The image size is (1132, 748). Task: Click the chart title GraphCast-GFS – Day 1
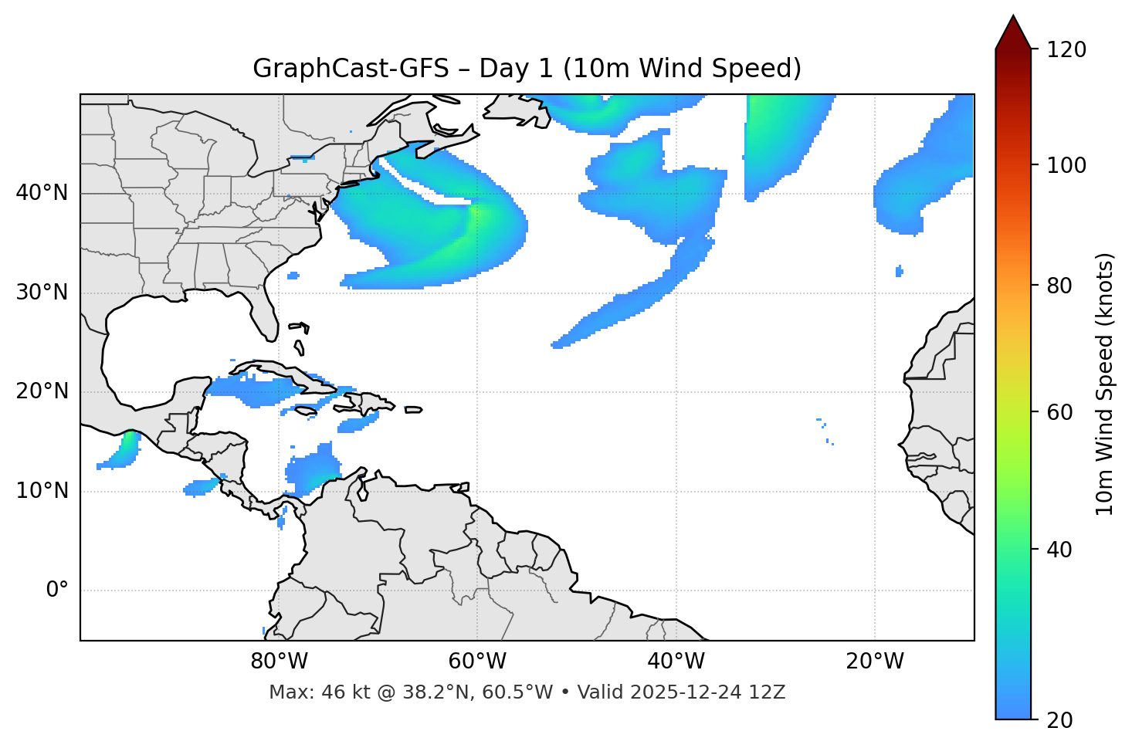pos(527,69)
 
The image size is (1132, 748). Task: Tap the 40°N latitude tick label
pos(42,193)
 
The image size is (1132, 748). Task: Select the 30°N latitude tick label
pos(42,293)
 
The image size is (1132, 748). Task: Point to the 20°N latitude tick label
pos(42,391)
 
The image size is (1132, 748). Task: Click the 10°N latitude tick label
pos(42,491)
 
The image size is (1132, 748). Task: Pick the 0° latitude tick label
pos(57,591)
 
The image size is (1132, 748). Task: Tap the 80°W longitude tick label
pos(279,662)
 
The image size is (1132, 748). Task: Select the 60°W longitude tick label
pos(477,662)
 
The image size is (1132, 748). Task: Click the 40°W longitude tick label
pos(676,662)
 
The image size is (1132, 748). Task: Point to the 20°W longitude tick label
pos(874,662)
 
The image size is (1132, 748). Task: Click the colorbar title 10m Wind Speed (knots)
pos(1105,384)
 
